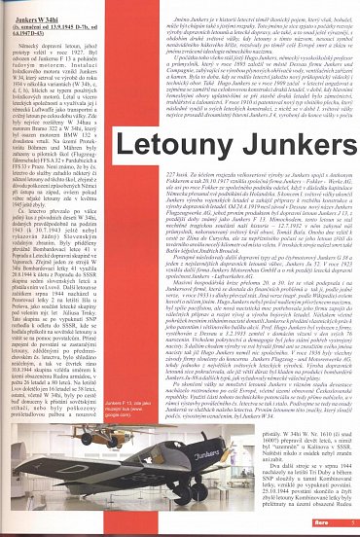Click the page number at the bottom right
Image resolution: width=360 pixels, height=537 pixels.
349,527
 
